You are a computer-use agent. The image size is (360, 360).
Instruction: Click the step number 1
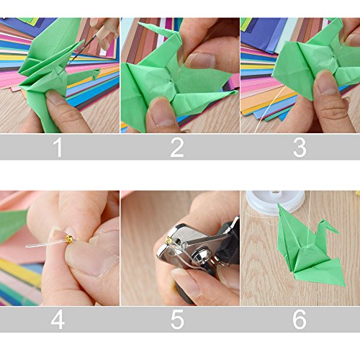click(58, 147)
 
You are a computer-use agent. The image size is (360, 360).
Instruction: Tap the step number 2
click(177, 147)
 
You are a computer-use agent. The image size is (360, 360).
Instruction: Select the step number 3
click(300, 147)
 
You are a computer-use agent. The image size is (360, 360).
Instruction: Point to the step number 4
click(58, 319)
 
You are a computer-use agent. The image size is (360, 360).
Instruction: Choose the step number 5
click(177, 319)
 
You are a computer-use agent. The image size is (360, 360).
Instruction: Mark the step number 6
click(300, 319)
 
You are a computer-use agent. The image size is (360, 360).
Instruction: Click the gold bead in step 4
click(69, 239)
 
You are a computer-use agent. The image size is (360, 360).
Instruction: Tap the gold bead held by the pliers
click(169, 240)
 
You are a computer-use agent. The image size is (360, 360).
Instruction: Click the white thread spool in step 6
click(275, 202)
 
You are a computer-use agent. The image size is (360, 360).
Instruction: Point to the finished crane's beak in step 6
click(338, 233)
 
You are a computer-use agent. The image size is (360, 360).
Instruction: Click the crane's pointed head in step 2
click(140, 23)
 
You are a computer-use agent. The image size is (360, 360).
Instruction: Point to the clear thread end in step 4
click(27, 246)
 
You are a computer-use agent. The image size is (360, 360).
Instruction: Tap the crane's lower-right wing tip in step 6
click(343, 286)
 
